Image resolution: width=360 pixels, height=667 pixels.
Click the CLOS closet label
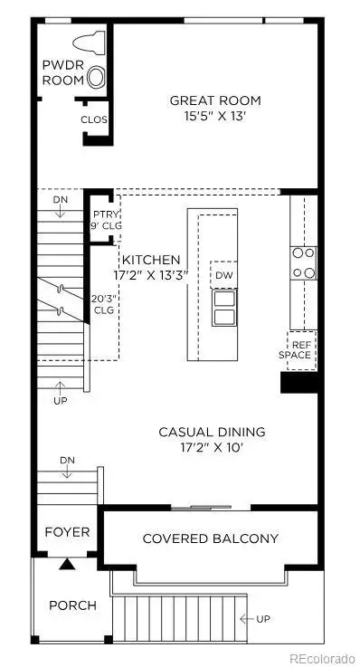pyautogui.click(x=95, y=119)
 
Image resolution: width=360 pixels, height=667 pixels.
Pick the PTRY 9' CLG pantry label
pyautogui.click(x=104, y=220)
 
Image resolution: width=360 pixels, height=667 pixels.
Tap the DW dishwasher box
pyautogui.click(x=223, y=274)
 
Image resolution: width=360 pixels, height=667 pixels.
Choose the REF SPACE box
pyautogui.click(x=300, y=348)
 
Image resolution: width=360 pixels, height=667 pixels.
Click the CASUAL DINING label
pyautogui.click(x=212, y=432)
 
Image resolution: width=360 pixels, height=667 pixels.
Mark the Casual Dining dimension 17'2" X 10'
pyautogui.click(x=212, y=447)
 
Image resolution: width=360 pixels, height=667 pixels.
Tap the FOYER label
pyautogui.click(x=68, y=531)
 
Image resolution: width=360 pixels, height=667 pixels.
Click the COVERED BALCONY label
pyautogui.click(x=210, y=538)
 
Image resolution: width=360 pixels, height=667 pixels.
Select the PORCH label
pyautogui.click(x=72, y=605)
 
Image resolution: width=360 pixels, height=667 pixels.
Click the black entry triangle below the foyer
pyautogui.click(x=67, y=565)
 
